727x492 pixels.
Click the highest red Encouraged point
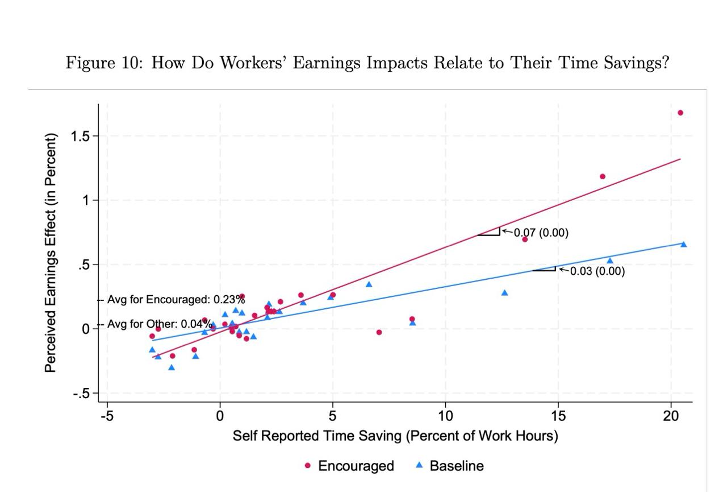pos(680,113)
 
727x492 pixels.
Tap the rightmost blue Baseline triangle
pos(683,245)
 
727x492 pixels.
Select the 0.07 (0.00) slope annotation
pos(541,233)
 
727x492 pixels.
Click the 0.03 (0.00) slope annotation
pos(597,271)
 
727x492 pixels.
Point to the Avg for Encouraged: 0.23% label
pos(176,300)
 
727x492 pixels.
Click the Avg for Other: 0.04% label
pos(160,324)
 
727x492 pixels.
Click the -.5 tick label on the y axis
pos(81,394)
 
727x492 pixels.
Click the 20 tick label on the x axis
pos(671,415)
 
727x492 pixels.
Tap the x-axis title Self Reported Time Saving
pos(395,436)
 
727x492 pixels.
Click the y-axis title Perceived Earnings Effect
pos(51,253)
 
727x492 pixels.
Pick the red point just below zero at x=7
pos(379,332)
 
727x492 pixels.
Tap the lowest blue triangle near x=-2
pos(172,367)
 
